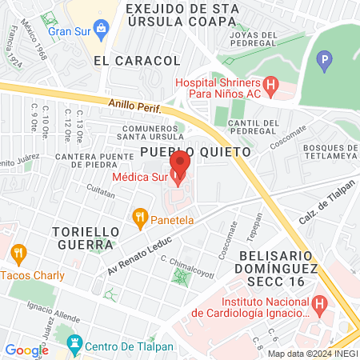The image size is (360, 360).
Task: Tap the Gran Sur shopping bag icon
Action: point(102,31)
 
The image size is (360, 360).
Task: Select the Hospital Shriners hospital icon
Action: point(270,83)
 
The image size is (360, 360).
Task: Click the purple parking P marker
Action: point(324,59)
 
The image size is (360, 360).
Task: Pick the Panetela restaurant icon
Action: point(140,216)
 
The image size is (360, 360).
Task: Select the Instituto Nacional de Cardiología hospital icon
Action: point(319,303)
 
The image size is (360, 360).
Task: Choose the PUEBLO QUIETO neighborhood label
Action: point(196,151)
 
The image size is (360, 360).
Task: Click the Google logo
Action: point(26,350)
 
